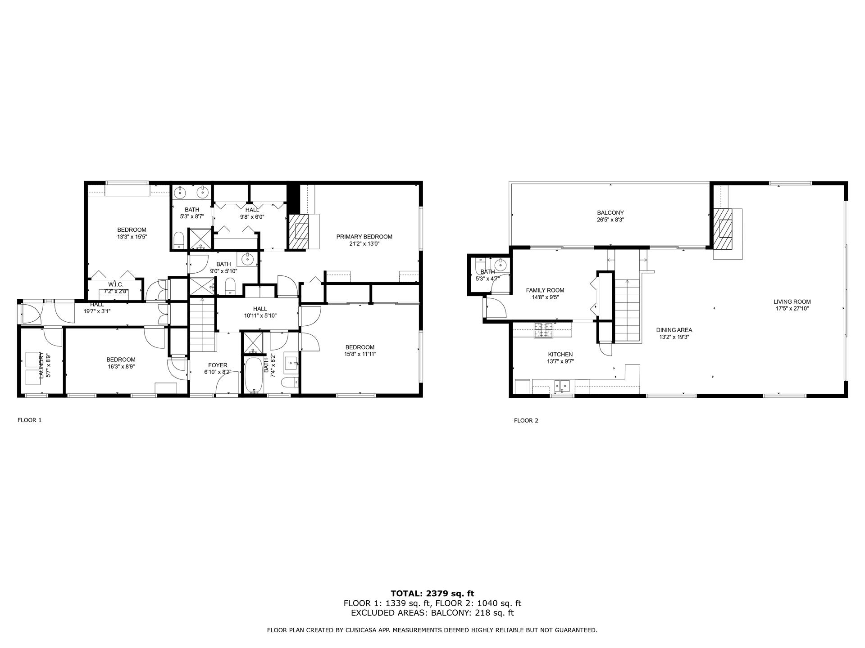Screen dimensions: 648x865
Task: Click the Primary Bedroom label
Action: (364, 237)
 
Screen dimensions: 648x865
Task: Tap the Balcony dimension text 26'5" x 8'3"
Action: (610, 220)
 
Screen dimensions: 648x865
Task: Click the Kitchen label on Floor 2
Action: (560, 355)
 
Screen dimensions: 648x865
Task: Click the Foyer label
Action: (218, 365)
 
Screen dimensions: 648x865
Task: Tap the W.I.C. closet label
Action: (116, 284)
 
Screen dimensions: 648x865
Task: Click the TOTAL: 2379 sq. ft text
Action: (432, 594)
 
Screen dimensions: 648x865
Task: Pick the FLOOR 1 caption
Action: (30, 420)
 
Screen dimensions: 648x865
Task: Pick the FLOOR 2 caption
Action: (526, 421)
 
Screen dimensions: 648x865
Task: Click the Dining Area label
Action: (674, 330)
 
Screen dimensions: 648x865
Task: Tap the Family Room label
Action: (545, 290)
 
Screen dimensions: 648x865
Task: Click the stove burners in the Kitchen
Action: (543, 330)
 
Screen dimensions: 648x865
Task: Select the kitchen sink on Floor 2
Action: (562, 386)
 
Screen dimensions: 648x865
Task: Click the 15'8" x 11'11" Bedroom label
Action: (360, 347)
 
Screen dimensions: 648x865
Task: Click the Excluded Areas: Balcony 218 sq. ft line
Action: (432, 613)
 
